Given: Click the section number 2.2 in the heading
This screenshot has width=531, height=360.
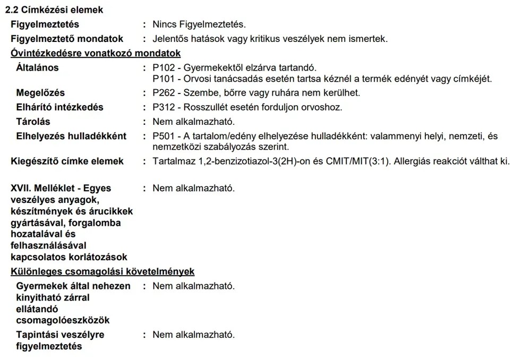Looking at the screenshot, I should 11,10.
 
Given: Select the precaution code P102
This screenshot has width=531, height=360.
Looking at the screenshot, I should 162,67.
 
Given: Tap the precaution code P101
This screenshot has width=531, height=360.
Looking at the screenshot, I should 162,79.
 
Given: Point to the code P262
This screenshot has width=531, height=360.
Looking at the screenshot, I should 162,93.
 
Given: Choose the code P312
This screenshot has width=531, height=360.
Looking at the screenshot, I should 162,107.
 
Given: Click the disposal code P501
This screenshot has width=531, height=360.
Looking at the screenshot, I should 162,136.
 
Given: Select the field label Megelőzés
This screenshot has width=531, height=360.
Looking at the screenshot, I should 40,93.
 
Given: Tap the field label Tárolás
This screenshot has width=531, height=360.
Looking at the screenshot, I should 33,122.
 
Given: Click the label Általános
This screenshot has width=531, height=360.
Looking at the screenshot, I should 38,67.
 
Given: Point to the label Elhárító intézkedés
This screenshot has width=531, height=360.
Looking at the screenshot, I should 60,107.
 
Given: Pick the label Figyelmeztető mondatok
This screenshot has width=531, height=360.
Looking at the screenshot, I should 67,39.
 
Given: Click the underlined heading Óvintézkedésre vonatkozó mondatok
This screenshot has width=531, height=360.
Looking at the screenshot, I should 96,53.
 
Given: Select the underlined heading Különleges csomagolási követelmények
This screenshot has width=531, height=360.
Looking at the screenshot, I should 102,272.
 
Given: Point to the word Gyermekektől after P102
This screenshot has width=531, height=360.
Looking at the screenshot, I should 209,67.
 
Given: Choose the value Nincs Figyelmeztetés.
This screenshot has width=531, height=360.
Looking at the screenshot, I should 199,24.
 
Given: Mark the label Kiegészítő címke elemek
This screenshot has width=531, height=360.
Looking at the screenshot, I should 67,161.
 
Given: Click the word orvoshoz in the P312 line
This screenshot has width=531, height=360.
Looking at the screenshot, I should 323,107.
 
